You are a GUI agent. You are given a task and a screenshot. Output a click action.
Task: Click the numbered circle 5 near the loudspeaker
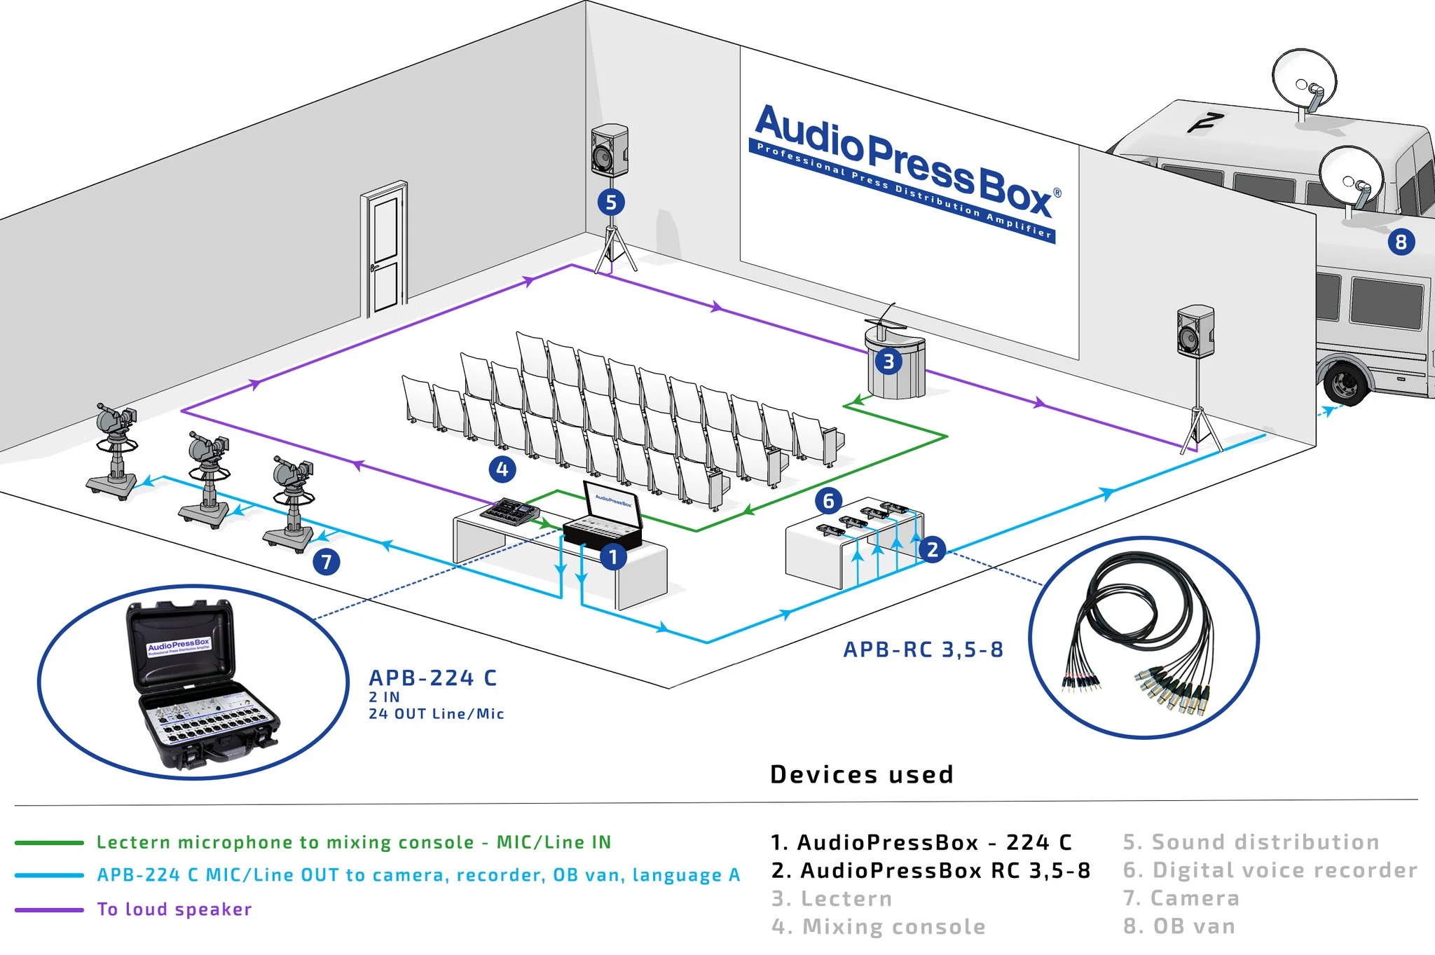611,202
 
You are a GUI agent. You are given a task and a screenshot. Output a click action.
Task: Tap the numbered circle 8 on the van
1401,242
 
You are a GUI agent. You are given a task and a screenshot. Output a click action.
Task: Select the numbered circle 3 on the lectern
888,362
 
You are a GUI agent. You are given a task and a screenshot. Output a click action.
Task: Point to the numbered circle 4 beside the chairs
502,469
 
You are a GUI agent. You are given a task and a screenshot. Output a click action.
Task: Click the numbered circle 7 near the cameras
327,561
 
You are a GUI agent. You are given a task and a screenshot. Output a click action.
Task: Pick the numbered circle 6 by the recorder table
828,500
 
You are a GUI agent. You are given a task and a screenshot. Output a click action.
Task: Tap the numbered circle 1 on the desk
613,557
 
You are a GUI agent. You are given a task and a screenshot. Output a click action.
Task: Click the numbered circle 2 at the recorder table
932,549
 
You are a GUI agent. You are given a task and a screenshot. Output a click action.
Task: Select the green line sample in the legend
49,842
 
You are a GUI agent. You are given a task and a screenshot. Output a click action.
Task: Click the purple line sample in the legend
49,909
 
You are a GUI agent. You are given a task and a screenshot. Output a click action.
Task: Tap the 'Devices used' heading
861,774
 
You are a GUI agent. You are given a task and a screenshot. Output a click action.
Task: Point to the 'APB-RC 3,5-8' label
923,650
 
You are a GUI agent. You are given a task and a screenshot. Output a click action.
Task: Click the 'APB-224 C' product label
432,678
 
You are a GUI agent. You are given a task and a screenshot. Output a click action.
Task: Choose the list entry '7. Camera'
1181,898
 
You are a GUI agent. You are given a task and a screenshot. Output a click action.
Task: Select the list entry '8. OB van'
1179,926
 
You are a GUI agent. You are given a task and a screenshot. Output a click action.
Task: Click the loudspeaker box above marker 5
609,150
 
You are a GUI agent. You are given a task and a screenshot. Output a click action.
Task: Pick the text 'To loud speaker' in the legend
174,909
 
